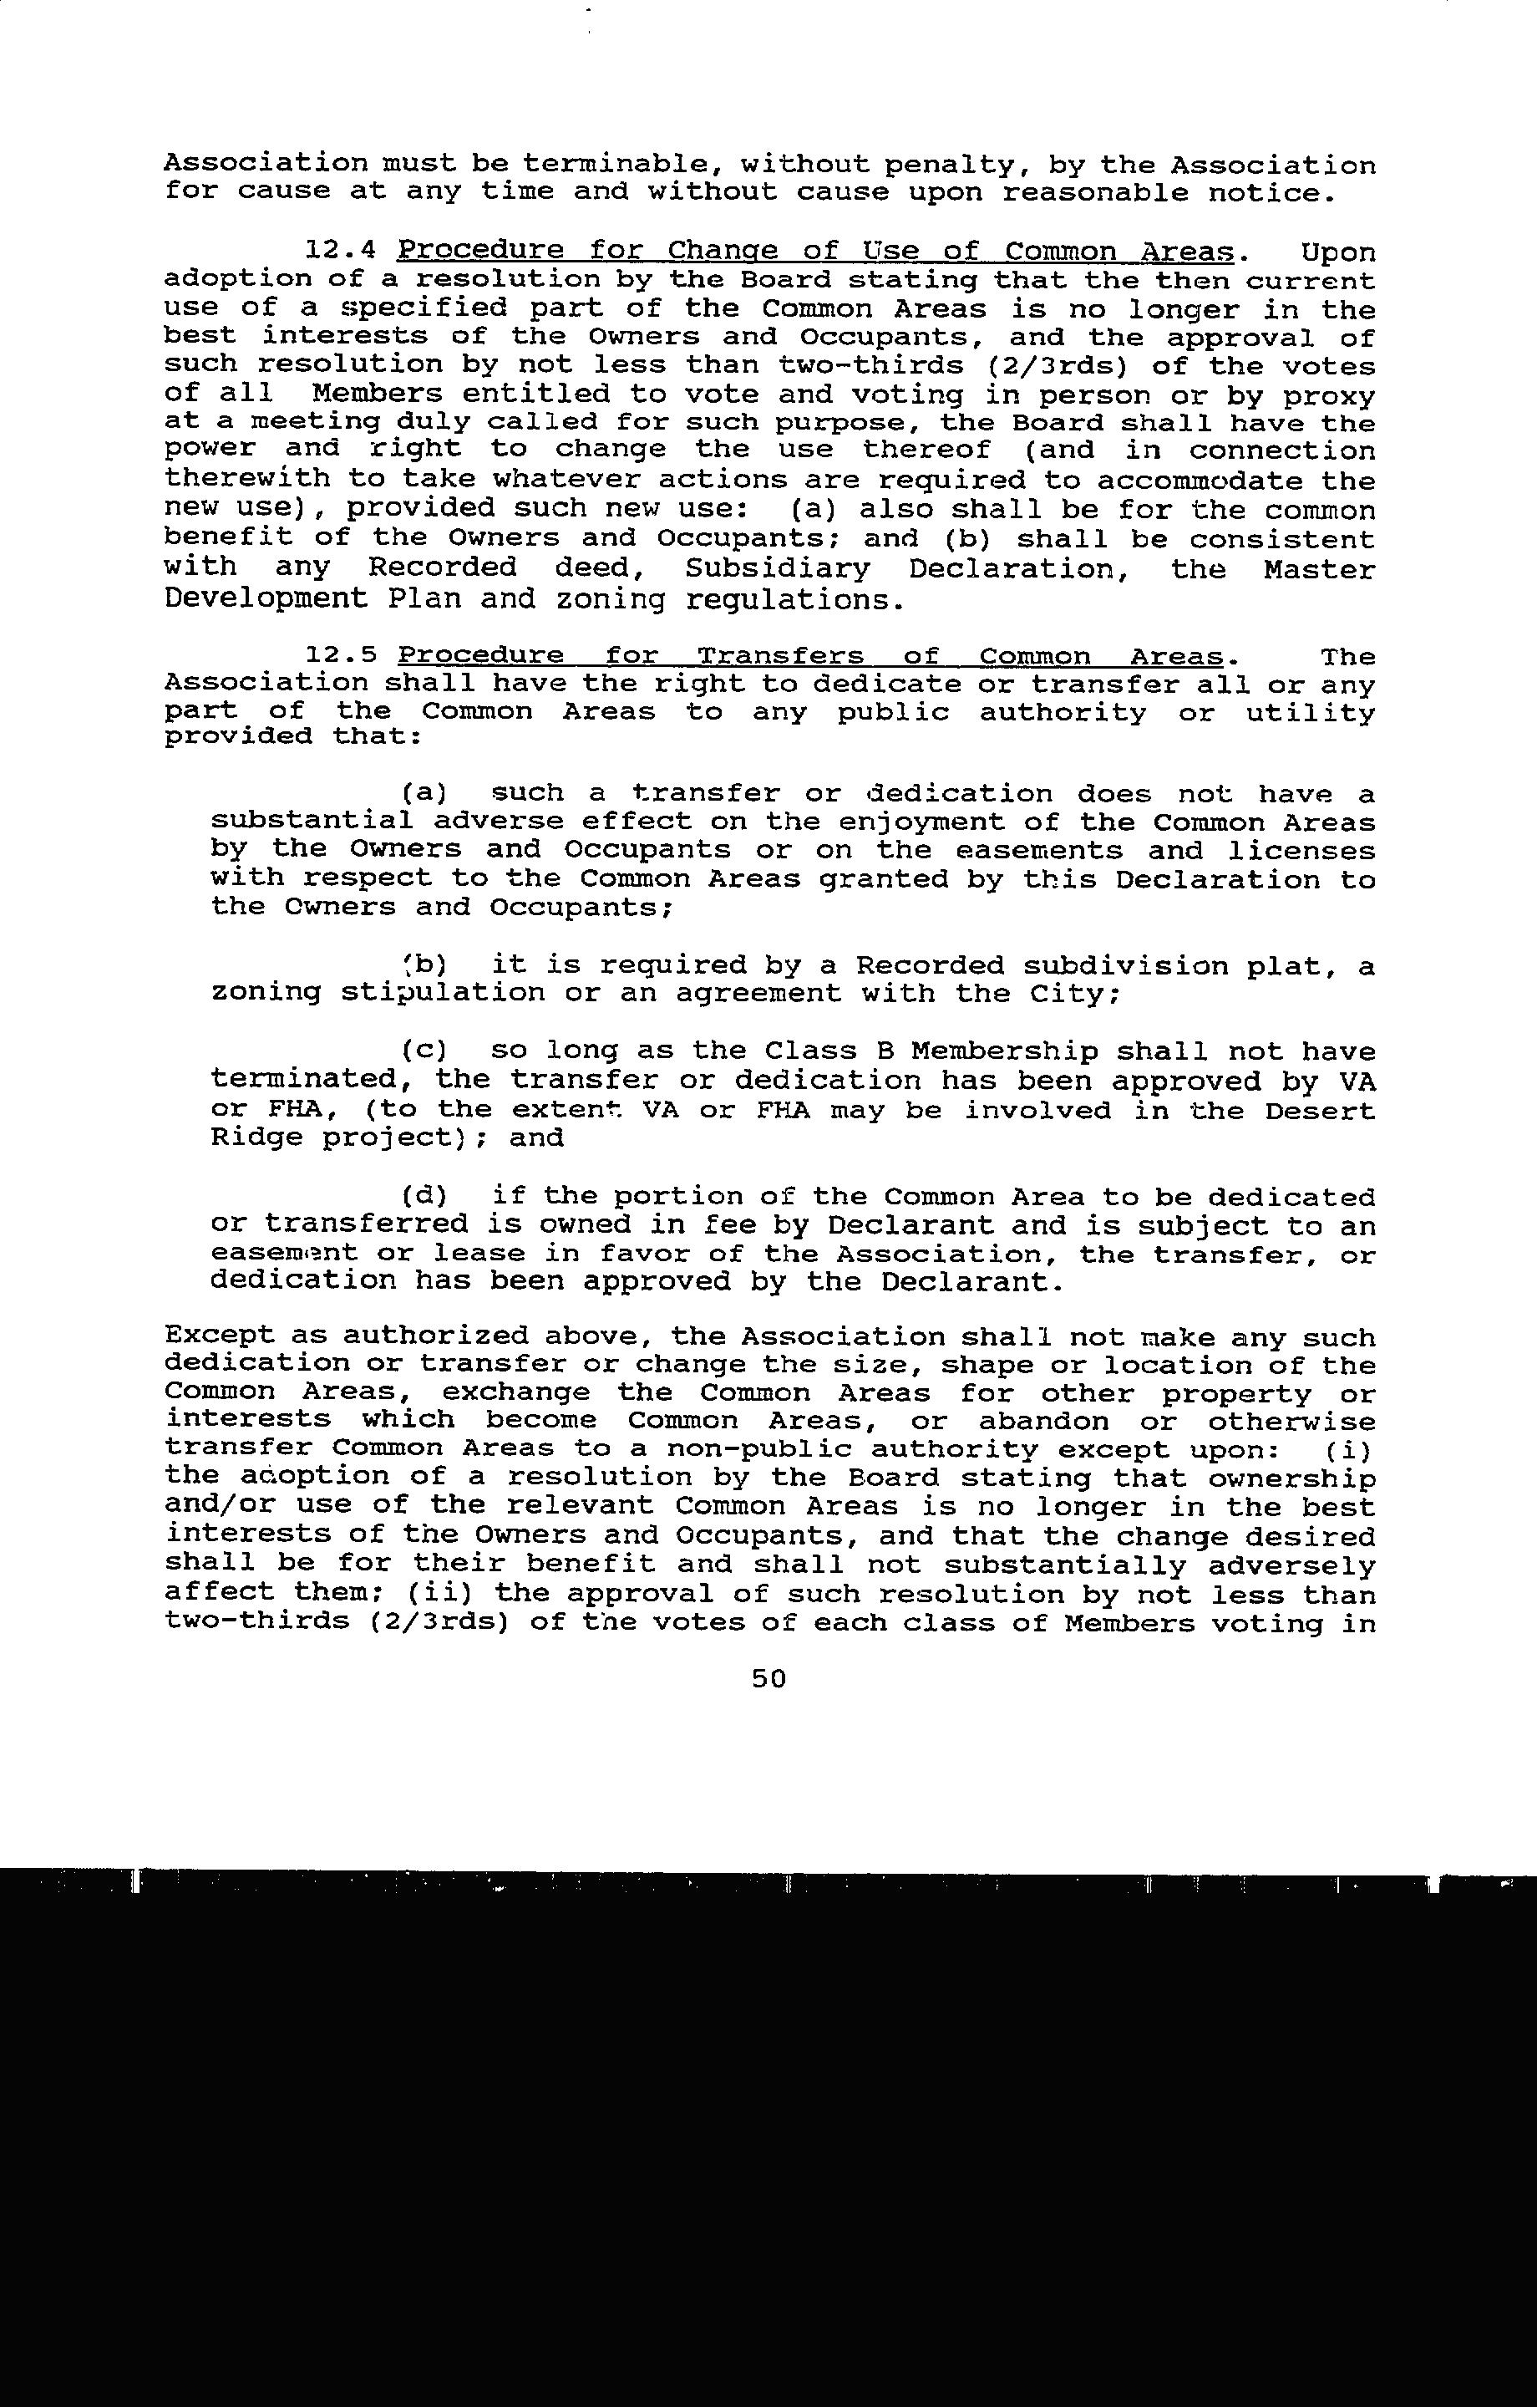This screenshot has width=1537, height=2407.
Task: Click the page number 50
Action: click(768, 1678)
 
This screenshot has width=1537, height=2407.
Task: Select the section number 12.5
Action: click(342, 656)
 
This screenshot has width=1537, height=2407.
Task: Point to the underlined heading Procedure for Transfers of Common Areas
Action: click(810, 656)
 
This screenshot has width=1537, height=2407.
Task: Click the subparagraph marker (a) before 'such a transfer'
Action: click(424, 794)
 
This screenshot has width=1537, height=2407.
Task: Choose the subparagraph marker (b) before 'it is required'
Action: click(424, 964)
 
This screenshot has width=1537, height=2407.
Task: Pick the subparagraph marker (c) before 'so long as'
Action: click(424, 1051)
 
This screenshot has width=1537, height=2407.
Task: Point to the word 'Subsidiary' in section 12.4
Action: click(778, 569)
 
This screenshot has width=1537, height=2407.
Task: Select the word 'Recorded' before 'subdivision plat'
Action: click(930, 965)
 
